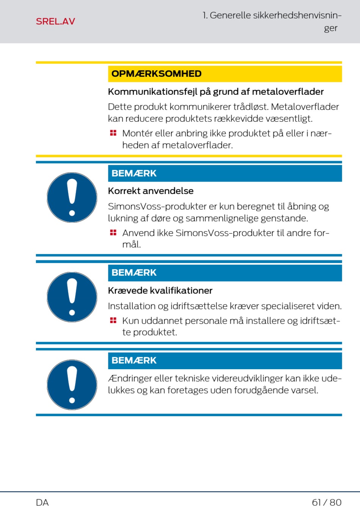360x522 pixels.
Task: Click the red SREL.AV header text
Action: click(55, 22)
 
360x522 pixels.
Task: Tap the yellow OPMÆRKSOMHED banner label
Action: click(156, 74)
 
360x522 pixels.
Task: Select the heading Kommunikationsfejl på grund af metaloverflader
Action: click(216, 92)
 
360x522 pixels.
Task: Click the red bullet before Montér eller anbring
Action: click(113, 133)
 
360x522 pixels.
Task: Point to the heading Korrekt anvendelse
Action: click(150, 191)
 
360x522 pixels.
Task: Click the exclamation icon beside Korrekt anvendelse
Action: click(72, 198)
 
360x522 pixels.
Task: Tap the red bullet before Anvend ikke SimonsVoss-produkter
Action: click(113, 232)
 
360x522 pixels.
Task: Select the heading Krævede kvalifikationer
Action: click(160, 291)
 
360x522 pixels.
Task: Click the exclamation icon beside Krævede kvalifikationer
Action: click(72, 297)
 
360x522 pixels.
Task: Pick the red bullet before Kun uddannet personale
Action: click(113, 320)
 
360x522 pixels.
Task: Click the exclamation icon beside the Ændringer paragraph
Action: click(72, 384)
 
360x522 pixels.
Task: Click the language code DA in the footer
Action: click(42, 503)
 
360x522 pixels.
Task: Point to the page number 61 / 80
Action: click(326, 503)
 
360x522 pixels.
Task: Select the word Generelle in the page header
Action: click(230, 16)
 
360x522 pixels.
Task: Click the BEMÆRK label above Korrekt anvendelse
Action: click(134, 174)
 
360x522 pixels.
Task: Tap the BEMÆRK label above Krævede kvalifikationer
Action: click(134, 273)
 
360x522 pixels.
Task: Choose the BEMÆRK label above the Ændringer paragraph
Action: click(134, 361)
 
